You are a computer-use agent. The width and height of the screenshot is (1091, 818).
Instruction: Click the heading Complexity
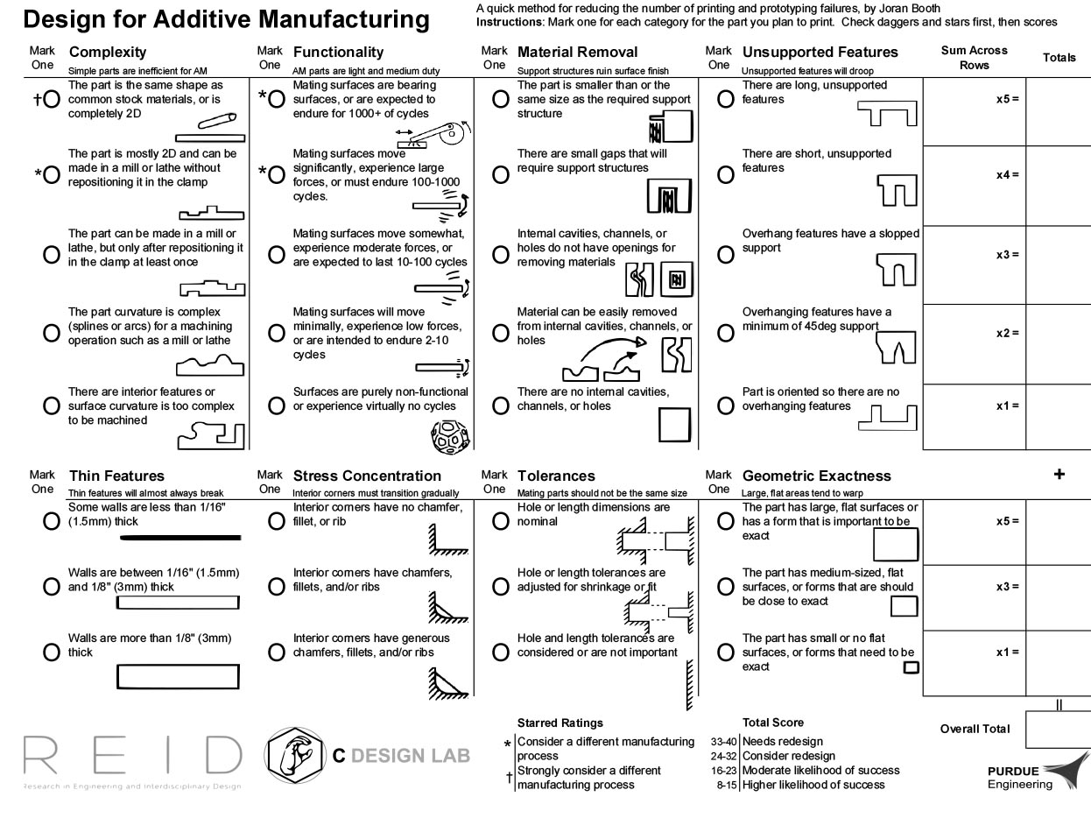108,53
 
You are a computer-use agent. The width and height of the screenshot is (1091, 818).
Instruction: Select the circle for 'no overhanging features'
725,406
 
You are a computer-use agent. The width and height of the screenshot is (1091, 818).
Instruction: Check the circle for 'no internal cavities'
501,406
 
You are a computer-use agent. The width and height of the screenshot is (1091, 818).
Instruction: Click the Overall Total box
1058,729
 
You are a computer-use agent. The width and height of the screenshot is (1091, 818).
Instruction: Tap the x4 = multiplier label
1007,175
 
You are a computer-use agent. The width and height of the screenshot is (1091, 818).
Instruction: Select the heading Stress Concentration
367,476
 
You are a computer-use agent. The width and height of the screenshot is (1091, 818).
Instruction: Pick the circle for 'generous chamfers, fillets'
277,652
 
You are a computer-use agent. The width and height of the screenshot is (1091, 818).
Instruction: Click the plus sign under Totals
1059,474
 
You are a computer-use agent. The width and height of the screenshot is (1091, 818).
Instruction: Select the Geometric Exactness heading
816,476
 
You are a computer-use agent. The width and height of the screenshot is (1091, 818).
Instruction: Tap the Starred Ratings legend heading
560,723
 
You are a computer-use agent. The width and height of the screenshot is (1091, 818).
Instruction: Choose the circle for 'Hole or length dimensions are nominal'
501,522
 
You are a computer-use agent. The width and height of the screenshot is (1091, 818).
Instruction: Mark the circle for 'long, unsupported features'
725,100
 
